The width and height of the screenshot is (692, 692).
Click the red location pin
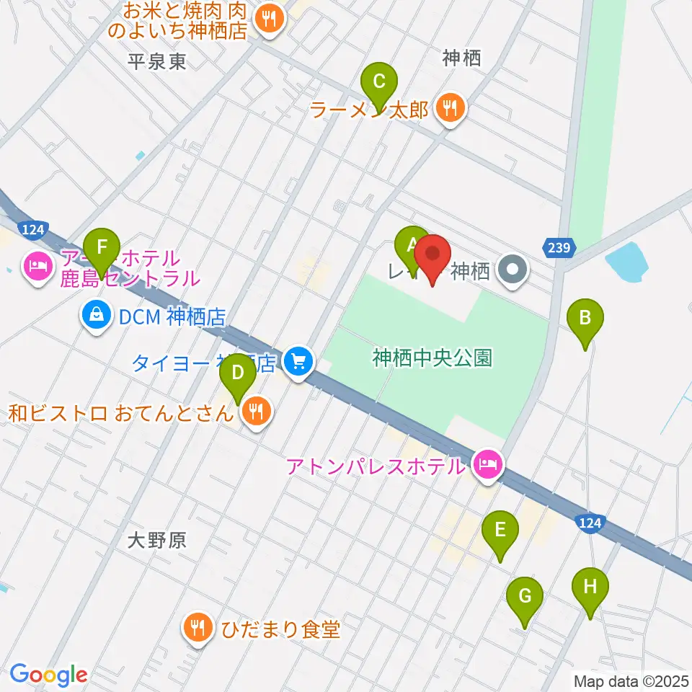pyautogui.click(x=433, y=258)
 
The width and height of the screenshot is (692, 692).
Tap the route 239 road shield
pyautogui.click(x=561, y=248)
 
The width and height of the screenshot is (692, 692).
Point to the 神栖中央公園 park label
pyautogui.click(x=432, y=357)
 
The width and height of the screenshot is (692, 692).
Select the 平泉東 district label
pyautogui.click(x=156, y=61)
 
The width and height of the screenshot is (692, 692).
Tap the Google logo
pyautogui.click(x=48, y=674)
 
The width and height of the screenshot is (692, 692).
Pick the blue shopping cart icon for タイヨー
pyautogui.click(x=298, y=360)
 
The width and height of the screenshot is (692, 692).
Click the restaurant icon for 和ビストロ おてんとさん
pyautogui.click(x=254, y=412)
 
